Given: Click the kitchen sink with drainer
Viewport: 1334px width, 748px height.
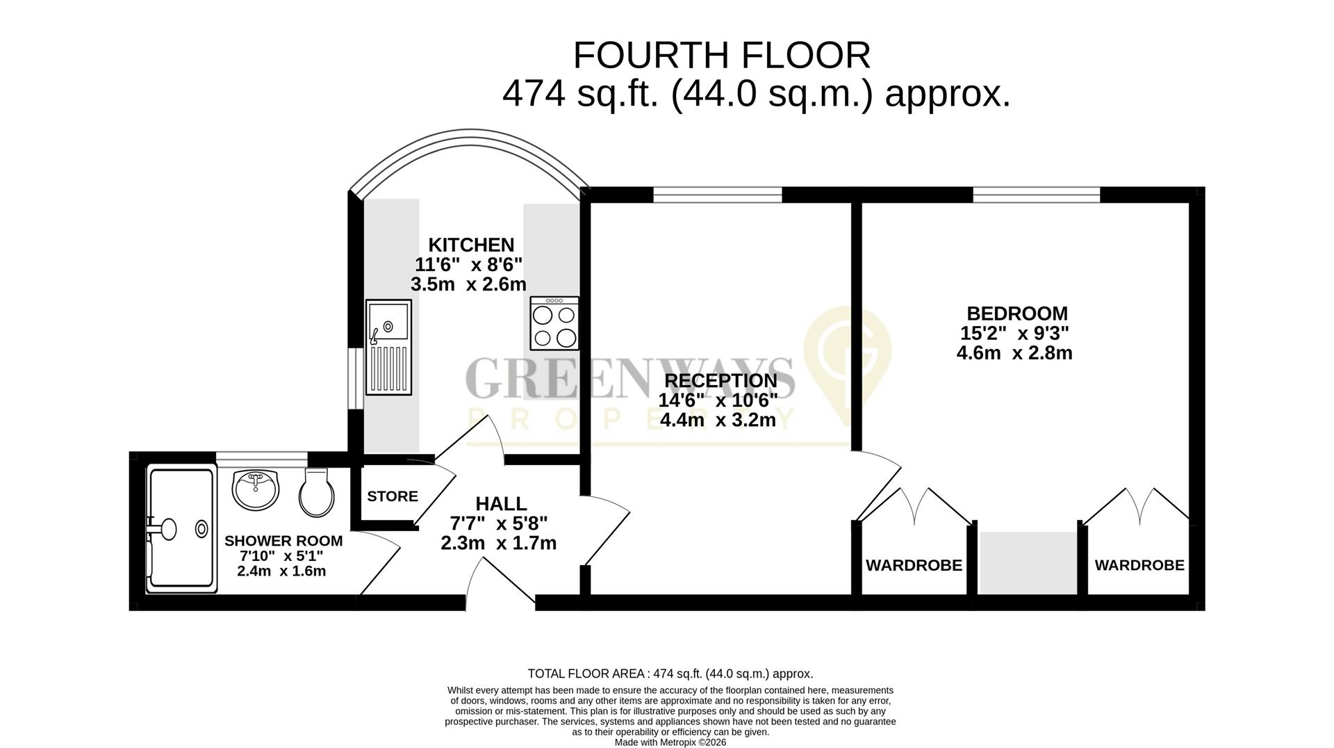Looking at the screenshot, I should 388,347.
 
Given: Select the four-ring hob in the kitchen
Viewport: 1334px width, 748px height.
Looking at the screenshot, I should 554,323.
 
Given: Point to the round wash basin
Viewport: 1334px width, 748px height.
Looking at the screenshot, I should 256,489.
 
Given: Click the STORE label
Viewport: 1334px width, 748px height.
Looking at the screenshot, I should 393,496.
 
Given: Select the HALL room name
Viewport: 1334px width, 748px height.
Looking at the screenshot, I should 501,503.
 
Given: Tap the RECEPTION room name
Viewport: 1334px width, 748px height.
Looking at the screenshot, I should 720,381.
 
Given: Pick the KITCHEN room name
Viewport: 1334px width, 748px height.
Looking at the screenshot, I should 471,245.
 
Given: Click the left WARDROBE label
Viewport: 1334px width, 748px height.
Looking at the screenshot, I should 914,566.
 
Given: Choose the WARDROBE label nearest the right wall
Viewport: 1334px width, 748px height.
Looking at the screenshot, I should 1139,566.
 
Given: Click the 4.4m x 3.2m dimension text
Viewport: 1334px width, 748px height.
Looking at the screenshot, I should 718,420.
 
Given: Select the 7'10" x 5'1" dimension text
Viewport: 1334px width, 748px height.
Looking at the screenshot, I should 281,556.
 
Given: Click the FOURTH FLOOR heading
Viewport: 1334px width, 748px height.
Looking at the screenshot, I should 721,56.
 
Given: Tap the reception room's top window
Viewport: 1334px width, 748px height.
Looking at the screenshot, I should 717,195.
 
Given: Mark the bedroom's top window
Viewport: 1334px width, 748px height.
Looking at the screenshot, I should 1037,195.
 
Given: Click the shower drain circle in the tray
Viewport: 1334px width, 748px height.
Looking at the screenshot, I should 201,529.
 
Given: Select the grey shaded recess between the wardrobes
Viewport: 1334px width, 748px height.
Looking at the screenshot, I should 1028,563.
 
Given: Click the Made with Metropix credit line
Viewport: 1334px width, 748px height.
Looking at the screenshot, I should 670,742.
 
